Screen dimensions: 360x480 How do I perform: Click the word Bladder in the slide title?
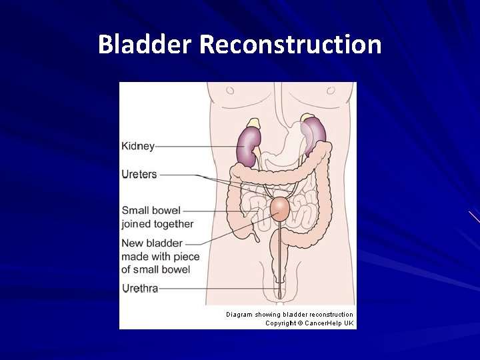point(145,45)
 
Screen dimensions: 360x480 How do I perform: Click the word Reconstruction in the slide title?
point(290,45)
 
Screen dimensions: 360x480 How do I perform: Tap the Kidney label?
point(138,146)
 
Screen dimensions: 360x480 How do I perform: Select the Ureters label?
point(139,175)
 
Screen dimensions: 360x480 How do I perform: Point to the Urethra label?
point(140,289)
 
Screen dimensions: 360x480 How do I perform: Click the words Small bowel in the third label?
point(151,211)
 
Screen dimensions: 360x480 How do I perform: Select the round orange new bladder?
point(280,209)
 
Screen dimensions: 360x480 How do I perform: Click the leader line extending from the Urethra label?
point(213,289)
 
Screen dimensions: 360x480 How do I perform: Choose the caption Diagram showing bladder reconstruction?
point(289,314)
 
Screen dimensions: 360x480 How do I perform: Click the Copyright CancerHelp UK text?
point(309,323)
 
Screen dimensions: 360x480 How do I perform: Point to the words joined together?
point(157,224)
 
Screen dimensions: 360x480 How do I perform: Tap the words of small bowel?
point(156,269)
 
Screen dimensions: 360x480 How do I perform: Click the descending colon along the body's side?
point(325,200)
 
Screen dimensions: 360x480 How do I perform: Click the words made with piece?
point(160,257)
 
